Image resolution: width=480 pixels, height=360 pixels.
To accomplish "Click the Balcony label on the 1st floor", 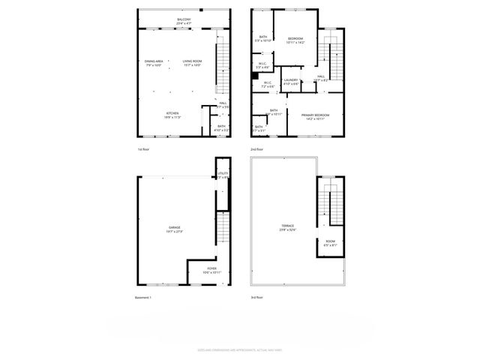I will click(184, 21).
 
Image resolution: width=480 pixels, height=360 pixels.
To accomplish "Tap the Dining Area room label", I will click(155, 62).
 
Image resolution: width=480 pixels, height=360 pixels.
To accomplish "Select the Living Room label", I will click(192, 62).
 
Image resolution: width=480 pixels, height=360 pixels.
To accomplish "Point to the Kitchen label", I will click(172, 115).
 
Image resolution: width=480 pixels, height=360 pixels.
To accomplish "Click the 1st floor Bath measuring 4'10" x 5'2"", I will click(221, 128).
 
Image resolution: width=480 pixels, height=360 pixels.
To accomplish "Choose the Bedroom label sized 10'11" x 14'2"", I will click(295, 40).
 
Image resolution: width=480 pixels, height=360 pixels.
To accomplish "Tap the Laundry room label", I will click(291, 82).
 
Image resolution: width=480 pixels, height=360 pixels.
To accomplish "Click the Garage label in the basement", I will click(174, 229).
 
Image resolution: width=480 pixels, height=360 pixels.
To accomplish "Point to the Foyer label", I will click(211, 270).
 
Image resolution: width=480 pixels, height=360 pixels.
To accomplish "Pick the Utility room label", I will click(223, 175).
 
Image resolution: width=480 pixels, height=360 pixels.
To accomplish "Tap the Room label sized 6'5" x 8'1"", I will click(330, 243).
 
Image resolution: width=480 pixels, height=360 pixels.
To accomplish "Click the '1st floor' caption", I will click(144, 150).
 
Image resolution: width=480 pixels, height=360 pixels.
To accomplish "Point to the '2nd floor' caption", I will click(257, 150).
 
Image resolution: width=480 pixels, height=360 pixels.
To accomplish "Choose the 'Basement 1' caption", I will click(143, 298).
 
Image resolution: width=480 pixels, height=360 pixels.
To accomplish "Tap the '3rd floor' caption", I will click(257, 298).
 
